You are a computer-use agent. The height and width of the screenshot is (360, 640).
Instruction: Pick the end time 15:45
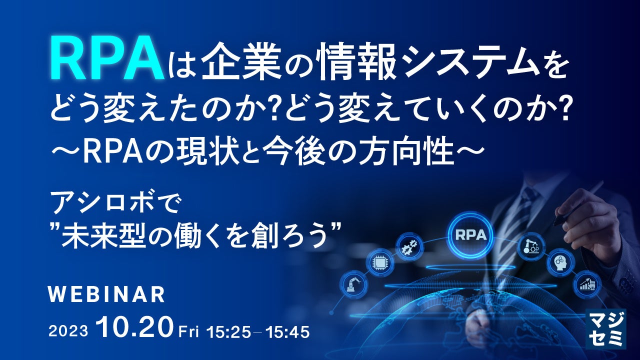(289, 331)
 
